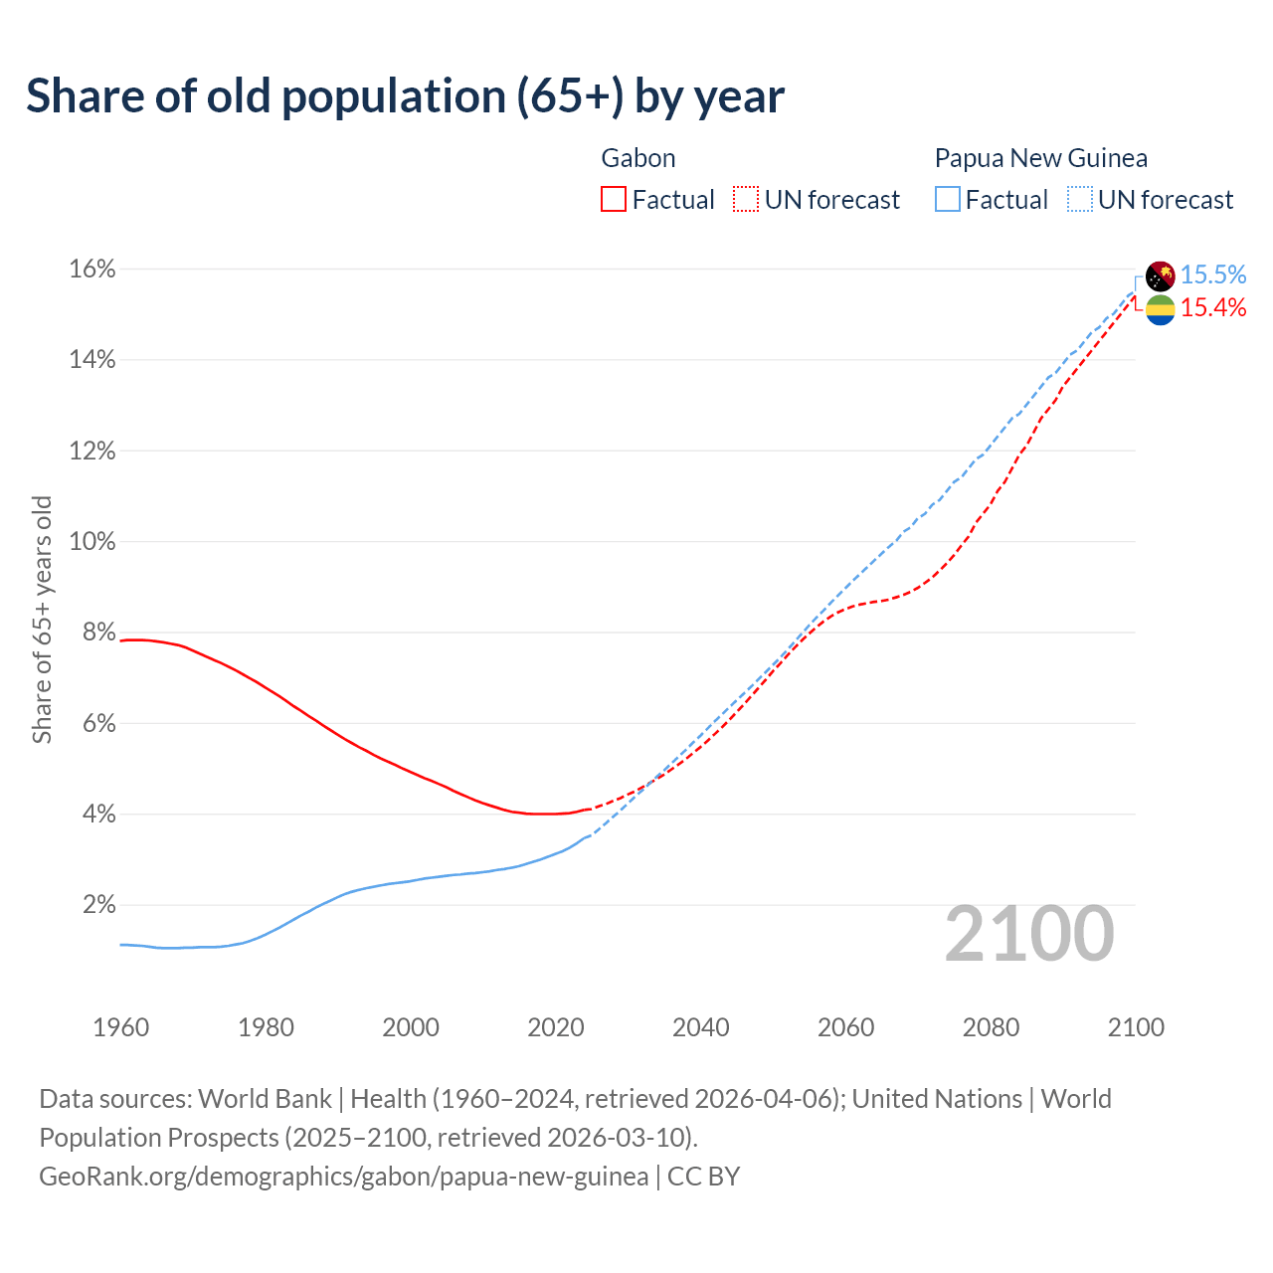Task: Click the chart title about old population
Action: (406, 96)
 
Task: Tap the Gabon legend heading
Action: (638, 158)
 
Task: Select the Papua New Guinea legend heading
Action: (1040, 158)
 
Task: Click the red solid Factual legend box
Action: (614, 200)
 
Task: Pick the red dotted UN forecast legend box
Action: (746, 200)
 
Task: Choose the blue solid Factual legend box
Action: (948, 200)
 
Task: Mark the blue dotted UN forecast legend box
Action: (1079, 200)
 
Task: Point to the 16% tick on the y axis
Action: (92, 270)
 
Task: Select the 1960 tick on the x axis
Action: (121, 1027)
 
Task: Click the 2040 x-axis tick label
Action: (701, 1027)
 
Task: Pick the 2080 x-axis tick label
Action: (991, 1027)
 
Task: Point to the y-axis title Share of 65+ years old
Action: (42, 619)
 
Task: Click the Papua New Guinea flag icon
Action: (1161, 275)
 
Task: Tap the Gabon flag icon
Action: (1161, 309)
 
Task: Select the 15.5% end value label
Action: (1213, 274)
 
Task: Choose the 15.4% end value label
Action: (1213, 308)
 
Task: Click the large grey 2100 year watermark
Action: (1029, 934)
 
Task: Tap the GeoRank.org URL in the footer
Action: (343, 1177)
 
